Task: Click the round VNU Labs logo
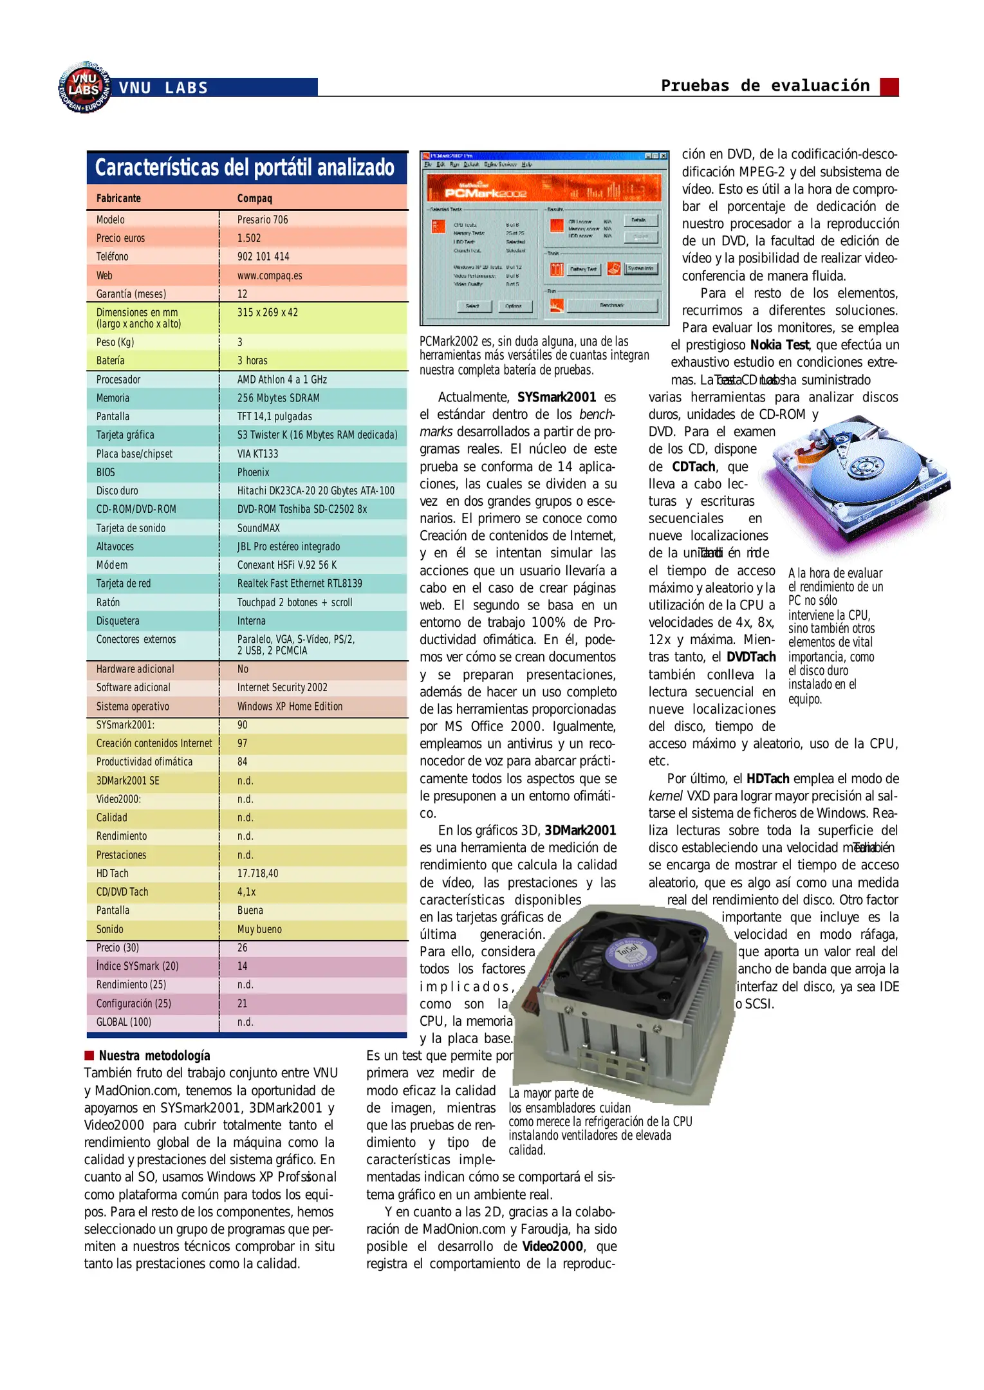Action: [x=84, y=88]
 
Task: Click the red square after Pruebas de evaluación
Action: [x=889, y=86]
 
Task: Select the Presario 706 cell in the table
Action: [x=263, y=219]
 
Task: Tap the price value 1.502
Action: [x=249, y=238]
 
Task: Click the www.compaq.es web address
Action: [x=270, y=275]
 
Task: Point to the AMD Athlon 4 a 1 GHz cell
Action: [x=282, y=380]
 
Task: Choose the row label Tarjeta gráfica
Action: [x=125, y=435]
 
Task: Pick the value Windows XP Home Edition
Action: [x=290, y=706]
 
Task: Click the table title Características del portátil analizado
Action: [x=245, y=168]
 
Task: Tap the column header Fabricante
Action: [x=118, y=198]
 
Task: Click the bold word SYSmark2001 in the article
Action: [x=557, y=397]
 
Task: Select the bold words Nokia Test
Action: [x=779, y=345]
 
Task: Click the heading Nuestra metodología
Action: [x=154, y=1055]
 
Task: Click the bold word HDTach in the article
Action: [x=767, y=779]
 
